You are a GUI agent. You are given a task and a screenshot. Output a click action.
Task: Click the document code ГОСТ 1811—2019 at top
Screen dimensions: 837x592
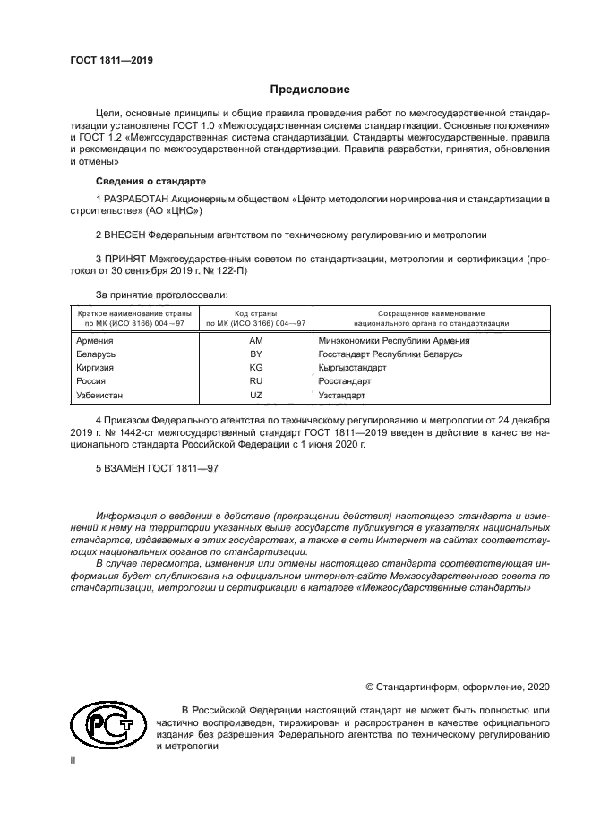(111, 61)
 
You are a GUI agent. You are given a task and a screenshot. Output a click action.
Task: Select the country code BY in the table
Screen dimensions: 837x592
(255, 354)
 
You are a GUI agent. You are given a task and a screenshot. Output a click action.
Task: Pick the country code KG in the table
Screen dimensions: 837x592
(255, 368)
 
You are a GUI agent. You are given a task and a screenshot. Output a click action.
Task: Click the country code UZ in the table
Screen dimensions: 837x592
(255, 394)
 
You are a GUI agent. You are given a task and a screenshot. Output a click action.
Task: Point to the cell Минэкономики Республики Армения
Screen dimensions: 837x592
(394, 341)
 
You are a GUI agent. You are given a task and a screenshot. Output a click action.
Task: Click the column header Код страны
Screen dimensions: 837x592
(255, 313)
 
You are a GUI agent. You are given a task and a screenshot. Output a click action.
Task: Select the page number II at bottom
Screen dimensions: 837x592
(73, 761)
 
